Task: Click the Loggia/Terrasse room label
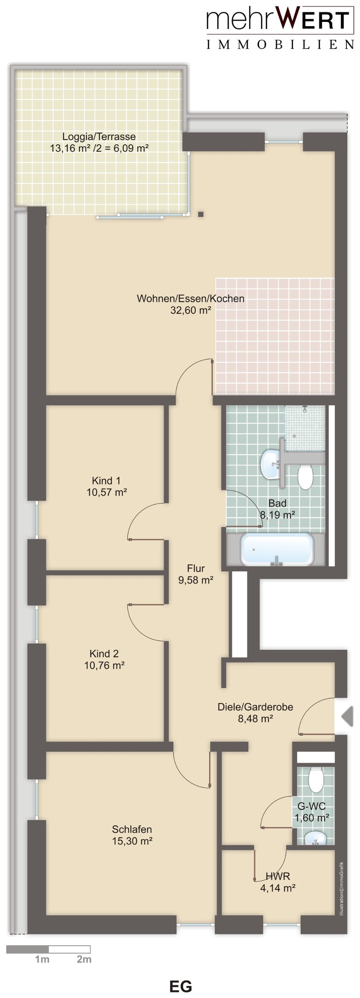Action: point(99,137)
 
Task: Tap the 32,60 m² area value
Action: point(191,310)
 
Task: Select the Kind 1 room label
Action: point(106,480)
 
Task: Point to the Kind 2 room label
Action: point(104,654)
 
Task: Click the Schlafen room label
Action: point(132,829)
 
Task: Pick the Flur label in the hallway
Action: point(196,569)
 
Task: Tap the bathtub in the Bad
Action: point(277,549)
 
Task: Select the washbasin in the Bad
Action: point(271,464)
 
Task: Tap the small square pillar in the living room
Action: point(201,214)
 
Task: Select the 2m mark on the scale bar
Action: point(84,959)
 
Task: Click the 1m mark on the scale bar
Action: point(42,959)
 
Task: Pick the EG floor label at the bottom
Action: point(181,986)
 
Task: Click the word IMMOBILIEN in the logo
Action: point(280,45)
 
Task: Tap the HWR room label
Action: point(278,876)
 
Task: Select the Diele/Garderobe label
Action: point(255,707)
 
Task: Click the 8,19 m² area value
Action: point(277,515)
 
